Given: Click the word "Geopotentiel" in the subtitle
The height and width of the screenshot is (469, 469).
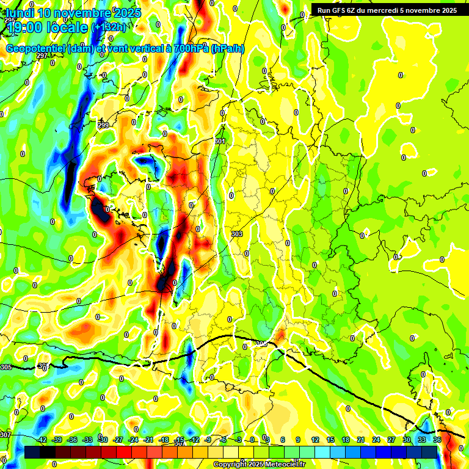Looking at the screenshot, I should pos(35,49).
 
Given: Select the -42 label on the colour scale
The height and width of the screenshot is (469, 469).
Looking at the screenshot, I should pos(42,440).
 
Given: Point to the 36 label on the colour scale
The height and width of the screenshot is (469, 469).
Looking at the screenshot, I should pos(437,440).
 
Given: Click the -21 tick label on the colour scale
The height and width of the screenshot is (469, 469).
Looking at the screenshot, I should pos(148,440).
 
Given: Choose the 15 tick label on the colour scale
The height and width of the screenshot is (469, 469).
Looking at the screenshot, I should pos(330,440).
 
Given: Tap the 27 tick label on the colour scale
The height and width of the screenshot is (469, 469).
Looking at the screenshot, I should pos(391,440).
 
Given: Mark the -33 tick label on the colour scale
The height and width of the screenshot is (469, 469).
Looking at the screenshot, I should pos(88,440).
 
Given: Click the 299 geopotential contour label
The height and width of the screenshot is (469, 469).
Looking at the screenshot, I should pos(103,125).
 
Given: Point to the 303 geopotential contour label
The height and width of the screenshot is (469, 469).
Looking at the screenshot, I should pos(237,234).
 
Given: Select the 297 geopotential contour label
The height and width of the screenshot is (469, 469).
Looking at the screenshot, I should pos(42,56).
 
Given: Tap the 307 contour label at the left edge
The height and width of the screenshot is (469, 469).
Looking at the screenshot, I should pos(5,435).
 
